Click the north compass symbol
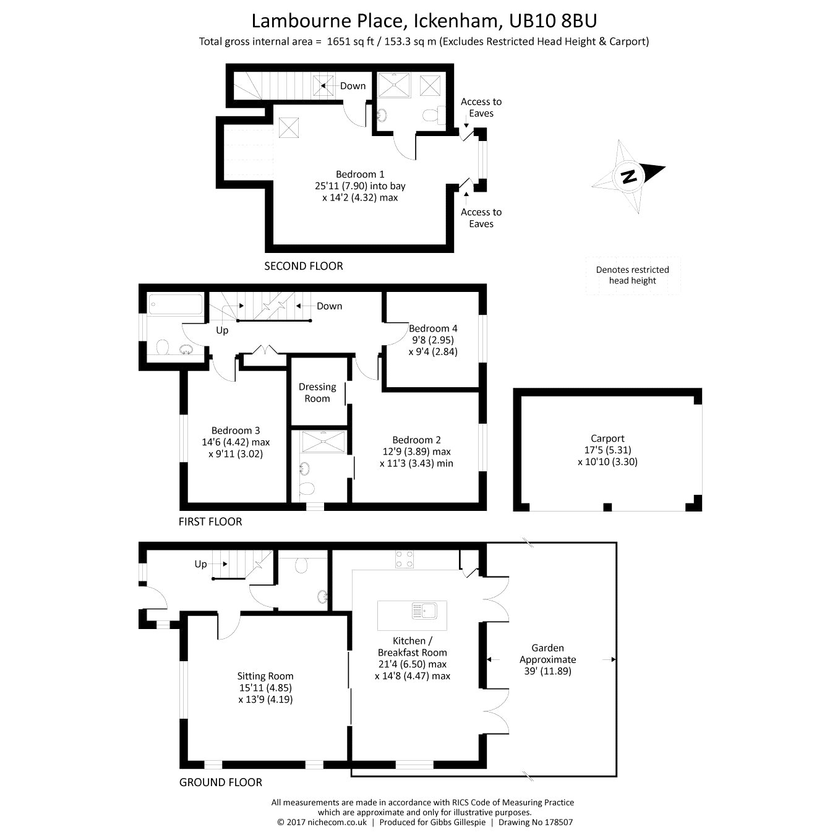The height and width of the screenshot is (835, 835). pyautogui.click(x=628, y=176)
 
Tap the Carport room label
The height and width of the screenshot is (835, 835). pyautogui.click(x=607, y=450)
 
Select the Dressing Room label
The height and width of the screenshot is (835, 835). pyautogui.click(x=317, y=393)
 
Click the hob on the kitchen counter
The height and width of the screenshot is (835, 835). pyautogui.click(x=404, y=559)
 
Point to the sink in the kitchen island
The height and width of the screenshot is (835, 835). pyautogui.click(x=424, y=612)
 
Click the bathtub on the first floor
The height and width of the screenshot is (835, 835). pyautogui.click(x=176, y=304)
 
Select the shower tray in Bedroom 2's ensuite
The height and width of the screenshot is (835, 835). pyautogui.click(x=323, y=442)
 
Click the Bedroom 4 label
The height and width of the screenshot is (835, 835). pyautogui.click(x=433, y=340)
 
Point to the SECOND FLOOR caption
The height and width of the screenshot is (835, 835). pyautogui.click(x=303, y=266)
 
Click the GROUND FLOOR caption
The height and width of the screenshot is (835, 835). pyautogui.click(x=221, y=782)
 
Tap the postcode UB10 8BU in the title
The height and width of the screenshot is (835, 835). pyautogui.click(x=553, y=21)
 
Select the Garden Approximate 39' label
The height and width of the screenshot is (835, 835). pyautogui.click(x=548, y=659)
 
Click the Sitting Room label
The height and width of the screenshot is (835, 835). pyautogui.click(x=265, y=688)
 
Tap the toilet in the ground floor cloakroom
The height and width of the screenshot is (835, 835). pyautogui.click(x=301, y=565)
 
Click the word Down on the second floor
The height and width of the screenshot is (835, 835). pyautogui.click(x=353, y=86)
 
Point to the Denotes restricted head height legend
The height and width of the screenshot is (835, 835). pyautogui.click(x=632, y=275)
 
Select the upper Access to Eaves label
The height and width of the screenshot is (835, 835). pyautogui.click(x=481, y=108)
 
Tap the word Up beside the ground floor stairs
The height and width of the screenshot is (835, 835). pyautogui.click(x=200, y=564)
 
